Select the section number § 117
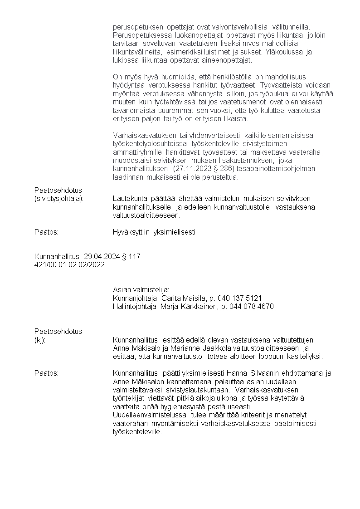point(131,257)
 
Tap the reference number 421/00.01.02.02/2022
point(69,264)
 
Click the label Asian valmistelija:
point(141,290)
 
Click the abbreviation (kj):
point(40,340)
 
